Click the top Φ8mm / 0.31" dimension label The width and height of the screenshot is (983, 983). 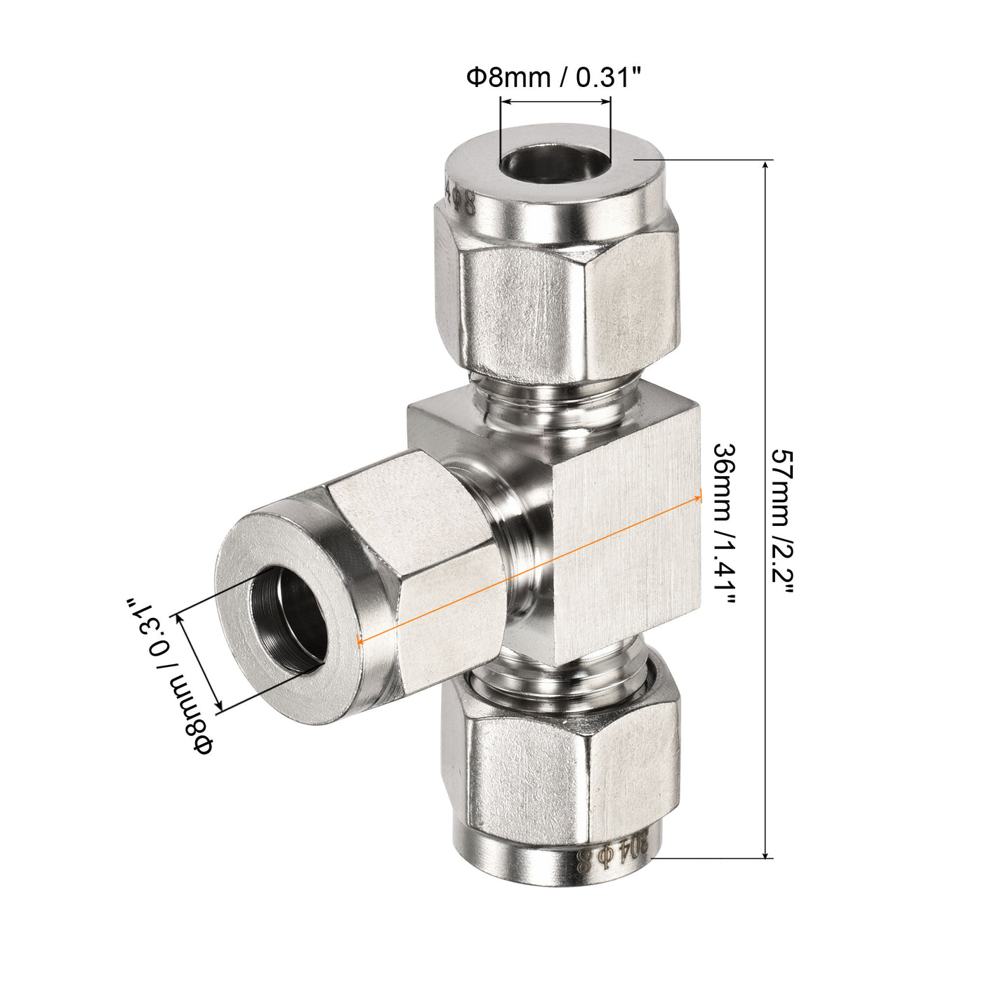click(x=554, y=77)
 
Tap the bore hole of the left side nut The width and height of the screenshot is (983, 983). click(x=292, y=618)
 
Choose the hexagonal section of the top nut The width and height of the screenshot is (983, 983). click(x=555, y=309)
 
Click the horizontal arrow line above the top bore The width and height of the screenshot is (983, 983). click(x=555, y=103)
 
